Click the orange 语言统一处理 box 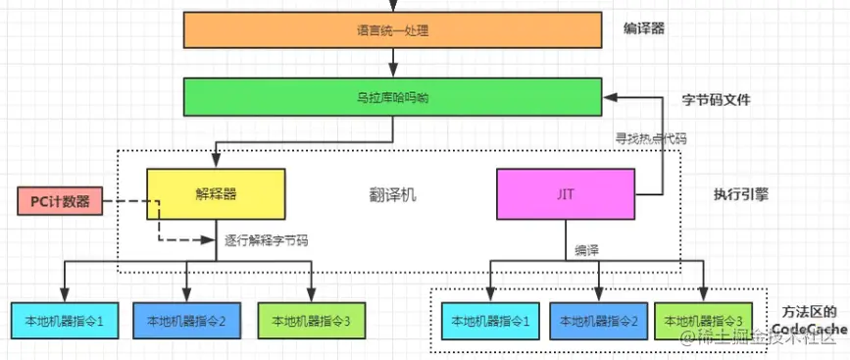pos(392,30)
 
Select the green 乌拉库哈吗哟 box pos(392,98)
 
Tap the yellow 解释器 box pos(216,193)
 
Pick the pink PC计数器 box pos(59,202)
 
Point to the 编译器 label pos(644,28)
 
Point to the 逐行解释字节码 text pos(264,238)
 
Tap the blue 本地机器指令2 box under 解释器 pos(186,320)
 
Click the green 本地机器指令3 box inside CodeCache pos(705,320)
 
